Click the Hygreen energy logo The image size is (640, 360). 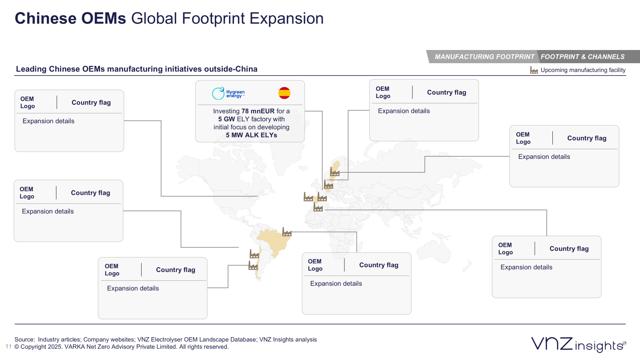(x=228, y=93)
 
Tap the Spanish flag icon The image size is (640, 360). (x=284, y=93)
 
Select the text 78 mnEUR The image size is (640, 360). (x=258, y=111)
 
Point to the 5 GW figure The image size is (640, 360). (x=226, y=119)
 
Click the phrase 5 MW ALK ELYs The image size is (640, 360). (x=251, y=135)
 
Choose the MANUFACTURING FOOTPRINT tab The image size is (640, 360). (x=484, y=57)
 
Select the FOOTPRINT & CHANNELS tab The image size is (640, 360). (x=582, y=57)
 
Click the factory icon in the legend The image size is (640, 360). (x=534, y=70)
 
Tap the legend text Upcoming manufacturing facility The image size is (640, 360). (x=583, y=70)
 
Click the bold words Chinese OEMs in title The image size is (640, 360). (x=70, y=18)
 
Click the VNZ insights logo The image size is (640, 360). (x=578, y=344)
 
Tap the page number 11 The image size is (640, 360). (x=8, y=346)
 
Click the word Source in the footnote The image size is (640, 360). (x=24, y=340)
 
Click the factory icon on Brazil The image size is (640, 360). (x=287, y=232)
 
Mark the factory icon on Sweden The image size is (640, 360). (x=335, y=172)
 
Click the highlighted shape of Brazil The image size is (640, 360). (x=274, y=240)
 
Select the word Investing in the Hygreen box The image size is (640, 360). (x=226, y=111)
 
